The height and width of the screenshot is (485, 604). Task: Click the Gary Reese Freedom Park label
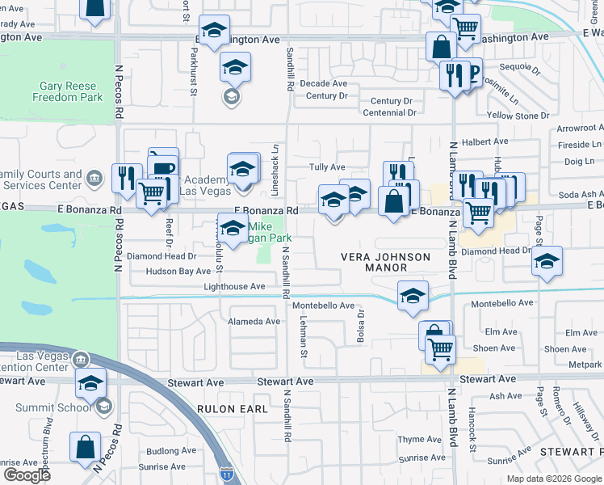click(68, 91)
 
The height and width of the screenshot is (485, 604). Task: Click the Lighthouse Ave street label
click(234, 287)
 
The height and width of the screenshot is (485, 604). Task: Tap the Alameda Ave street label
click(254, 322)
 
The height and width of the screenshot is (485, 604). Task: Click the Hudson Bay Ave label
click(178, 272)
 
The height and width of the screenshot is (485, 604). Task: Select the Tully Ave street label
click(327, 167)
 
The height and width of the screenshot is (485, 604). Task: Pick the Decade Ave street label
click(323, 83)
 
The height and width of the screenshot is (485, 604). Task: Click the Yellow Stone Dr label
click(518, 116)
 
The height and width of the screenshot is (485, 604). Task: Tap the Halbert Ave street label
click(485, 141)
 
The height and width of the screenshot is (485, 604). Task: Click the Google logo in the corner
click(27, 474)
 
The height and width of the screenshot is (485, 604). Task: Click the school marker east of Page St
click(547, 262)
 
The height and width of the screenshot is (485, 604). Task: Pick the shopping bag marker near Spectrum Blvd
click(85, 447)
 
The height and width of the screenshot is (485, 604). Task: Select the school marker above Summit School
click(91, 383)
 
